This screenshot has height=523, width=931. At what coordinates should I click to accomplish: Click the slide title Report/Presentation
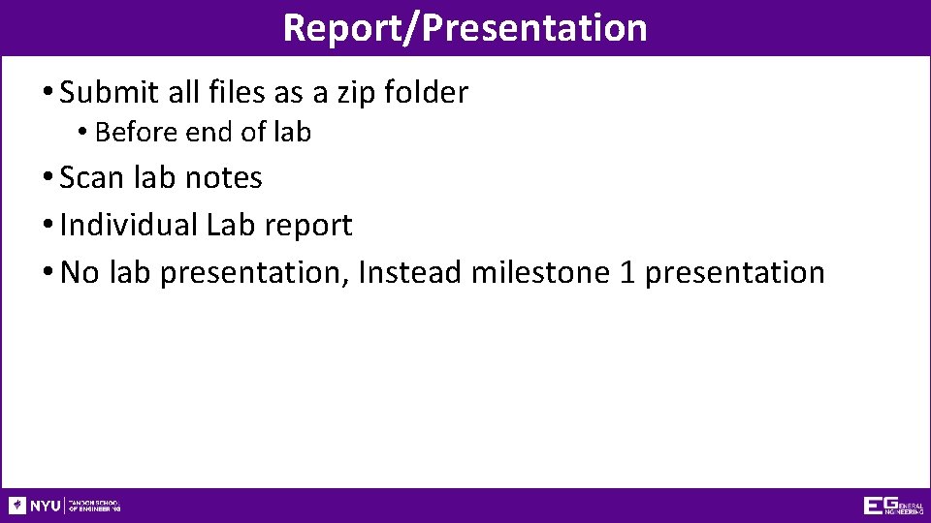pyautogui.click(x=465, y=27)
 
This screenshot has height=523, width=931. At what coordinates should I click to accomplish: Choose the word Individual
pyautogui.click(x=128, y=225)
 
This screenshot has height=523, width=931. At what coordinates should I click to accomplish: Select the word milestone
pyautogui.click(x=541, y=272)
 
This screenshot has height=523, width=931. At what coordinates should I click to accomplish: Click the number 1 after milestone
pyautogui.click(x=627, y=272)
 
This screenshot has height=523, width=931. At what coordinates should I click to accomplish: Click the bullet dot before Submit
pyautogui.click(x=48, y=93)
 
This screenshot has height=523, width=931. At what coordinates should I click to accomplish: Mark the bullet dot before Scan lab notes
pyautogui.click(x=48, y=178)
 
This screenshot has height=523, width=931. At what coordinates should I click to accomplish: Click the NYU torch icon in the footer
pyautogui.click(x=17, y=506)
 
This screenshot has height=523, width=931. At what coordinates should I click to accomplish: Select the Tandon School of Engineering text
pyautogui.click(x=95, y=506)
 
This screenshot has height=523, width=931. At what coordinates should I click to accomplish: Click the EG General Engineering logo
pyautogui.click(x=892, y=506)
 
